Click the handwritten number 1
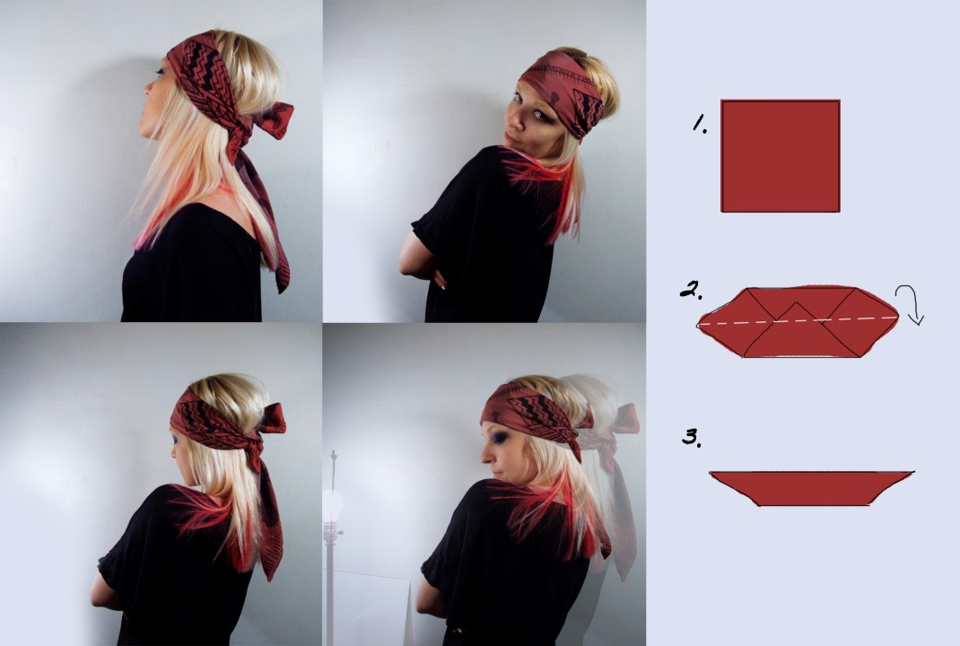point(700,125)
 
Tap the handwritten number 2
point(691,289)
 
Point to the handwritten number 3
point(692,437)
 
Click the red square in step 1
point(781,156)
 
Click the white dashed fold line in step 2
point(798,320)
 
